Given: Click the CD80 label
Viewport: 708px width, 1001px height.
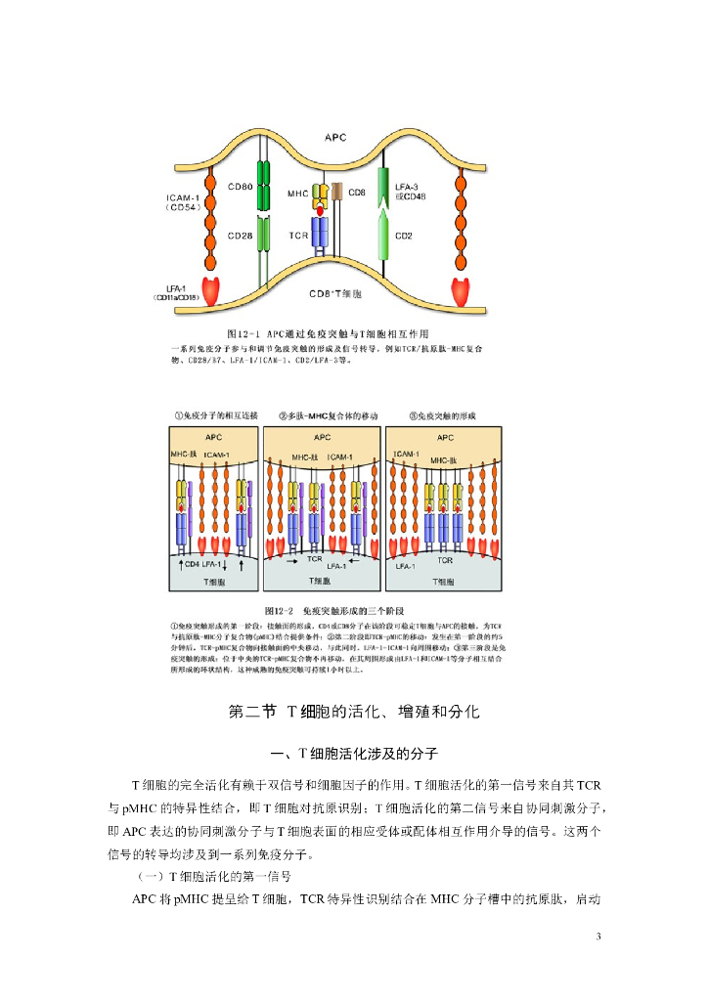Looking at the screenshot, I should [241, 186].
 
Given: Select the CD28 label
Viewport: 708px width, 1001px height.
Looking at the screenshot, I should [241, 236].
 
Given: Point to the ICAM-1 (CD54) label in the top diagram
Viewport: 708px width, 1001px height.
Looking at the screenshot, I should [183, 202].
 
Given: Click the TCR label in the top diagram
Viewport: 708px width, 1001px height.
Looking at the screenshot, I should [298, 237].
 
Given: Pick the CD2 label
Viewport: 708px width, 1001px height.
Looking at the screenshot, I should [404, 236].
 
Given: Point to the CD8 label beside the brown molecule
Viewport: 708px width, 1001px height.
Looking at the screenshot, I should [357, 194].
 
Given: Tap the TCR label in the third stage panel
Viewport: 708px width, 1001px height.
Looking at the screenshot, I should [446, 561].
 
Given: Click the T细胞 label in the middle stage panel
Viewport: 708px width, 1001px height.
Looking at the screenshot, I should [323, 582].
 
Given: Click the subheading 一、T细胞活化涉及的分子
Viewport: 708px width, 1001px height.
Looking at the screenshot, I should [353, 754].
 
